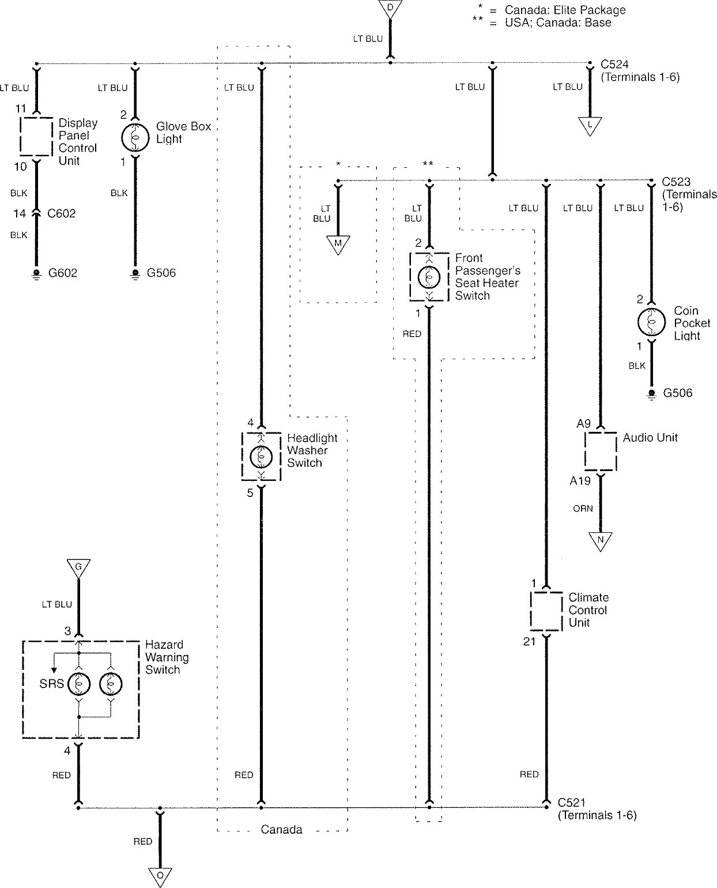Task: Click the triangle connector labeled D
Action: click(x=390, y=7)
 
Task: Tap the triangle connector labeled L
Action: click(x=590, y=125)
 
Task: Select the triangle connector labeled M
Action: click(x=338, y=244)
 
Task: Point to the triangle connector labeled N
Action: click(x=600, y=541)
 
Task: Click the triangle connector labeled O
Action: click(x=160, y=876)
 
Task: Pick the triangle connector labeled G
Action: click(x=78, y=567)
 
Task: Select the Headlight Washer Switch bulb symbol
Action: click(x=261, y=457)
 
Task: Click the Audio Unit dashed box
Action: click(x=601, y=450)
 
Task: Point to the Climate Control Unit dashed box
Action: click(x=546, y=611)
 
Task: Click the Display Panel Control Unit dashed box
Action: click(x=37, y=136)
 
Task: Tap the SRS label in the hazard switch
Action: click(x=51, y=685)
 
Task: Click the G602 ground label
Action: click(x=63, y=273)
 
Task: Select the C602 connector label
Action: click(x=62, y=214)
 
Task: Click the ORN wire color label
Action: click(x=583, y=509)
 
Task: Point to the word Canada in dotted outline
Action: click(x=281, y=830)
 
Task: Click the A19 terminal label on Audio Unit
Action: click(x=580, y=481)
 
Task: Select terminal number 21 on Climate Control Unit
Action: click(x=530, y=641)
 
